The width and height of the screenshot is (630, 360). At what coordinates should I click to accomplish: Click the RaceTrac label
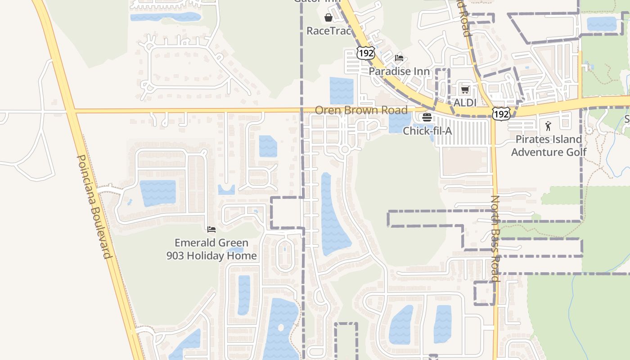pyautogui.click(x=328, y=31)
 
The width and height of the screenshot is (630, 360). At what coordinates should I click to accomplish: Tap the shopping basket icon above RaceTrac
pyautogui.click(x=328, y=18)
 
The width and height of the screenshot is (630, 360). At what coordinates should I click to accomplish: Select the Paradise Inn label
pyautogui.click(x=399, y=71)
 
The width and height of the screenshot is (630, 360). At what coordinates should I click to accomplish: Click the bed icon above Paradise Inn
pyautogui.click(x=399, y=58)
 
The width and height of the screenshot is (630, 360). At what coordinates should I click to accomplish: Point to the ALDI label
pyautogui.click(x=464, y=103)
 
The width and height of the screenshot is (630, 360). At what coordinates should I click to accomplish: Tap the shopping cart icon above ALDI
pyautogui.click(x=465, y=90)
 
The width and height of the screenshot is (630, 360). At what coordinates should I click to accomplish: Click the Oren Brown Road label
pyautogui.click(x=361, y=110)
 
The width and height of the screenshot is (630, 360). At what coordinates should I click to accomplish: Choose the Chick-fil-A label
pyautogui.click(x=427, y=131)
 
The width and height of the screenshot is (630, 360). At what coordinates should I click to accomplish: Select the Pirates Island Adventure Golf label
pyautogui.click(x=549, y=145)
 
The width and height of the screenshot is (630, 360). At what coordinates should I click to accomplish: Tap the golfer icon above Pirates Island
pyautogui.click(x=548, y=126)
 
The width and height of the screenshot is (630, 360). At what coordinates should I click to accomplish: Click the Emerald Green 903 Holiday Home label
pyautogui.click(x=211, y=249)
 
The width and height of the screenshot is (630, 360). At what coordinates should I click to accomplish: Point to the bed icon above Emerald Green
pyautogui.click(x=211, y=229)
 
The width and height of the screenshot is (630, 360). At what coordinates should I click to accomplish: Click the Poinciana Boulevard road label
pyautogui.click(x=94, y=207)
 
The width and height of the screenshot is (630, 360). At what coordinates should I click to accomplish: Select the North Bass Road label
pyautogui.click(x=495, y=238)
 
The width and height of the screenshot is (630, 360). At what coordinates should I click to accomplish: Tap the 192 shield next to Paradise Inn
pyautogui.click(x=365, y=53)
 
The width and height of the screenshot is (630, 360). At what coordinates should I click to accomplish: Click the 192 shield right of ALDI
pyautogui.click(x=500, y=114)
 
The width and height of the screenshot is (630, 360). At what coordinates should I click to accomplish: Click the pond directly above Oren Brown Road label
pyautogui.click(x=342, y=91)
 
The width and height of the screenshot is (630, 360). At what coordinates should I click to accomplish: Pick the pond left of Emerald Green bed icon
pyautogui.click(x=157, y=193)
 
